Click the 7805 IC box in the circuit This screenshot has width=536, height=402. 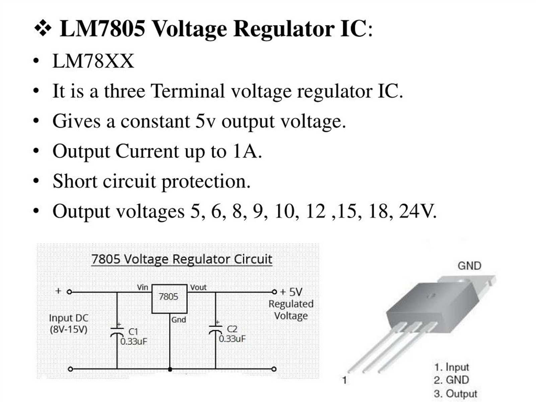pos(169,298)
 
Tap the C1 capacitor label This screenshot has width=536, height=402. pos(133,332)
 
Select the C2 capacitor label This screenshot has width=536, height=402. pos(232,329)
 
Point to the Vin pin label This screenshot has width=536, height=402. pos(142,287)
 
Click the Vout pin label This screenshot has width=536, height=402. pos(198,287)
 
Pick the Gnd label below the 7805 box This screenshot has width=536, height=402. pos(179,320)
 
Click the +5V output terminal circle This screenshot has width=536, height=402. pos(274,292)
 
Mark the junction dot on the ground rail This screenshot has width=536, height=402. pos(170,370)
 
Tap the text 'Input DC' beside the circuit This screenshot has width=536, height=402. pos(68,318)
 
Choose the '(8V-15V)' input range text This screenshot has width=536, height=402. pos(68,329)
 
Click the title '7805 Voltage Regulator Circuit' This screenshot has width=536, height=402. pos(182,259)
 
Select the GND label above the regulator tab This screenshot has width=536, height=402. pos(469,266)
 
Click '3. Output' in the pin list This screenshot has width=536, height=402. pos(456,394)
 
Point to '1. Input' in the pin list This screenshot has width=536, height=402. pos(452,367)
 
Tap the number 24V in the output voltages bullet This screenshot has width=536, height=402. pos(417,211)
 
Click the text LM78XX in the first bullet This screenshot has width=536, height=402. pos(93,61)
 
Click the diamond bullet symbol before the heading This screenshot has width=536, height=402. pos(43,28)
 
